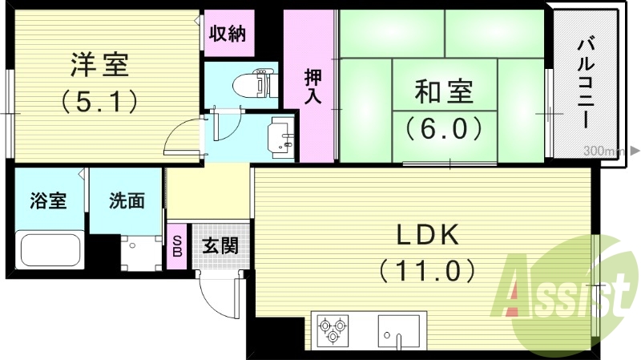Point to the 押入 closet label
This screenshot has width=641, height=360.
312,87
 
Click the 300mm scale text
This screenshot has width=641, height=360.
603,151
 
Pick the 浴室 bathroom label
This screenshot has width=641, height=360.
48,200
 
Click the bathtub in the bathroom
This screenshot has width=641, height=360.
50,249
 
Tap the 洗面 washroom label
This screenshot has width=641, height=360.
127,200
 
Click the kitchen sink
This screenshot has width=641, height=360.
398,330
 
